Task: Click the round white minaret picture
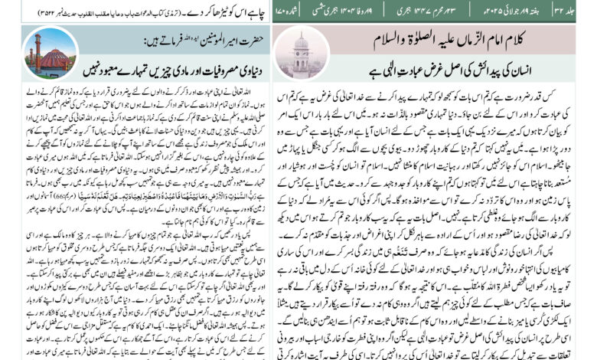click(x=300, y=53)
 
